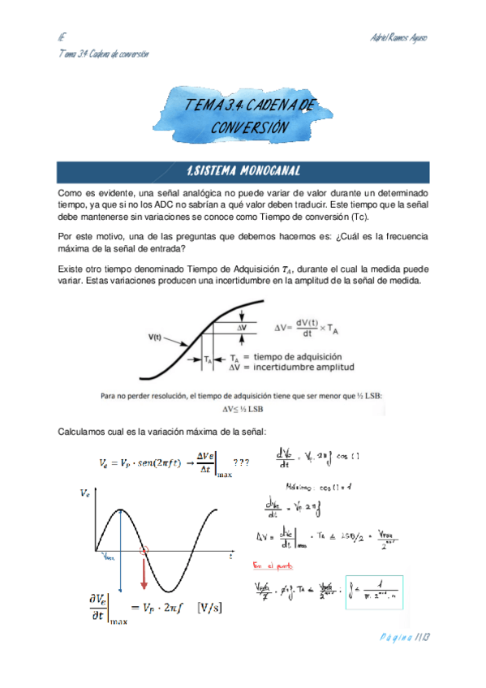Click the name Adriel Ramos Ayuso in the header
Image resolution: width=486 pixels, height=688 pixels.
point(398,37)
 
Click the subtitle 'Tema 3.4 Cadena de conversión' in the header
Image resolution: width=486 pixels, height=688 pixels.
point(103,54)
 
